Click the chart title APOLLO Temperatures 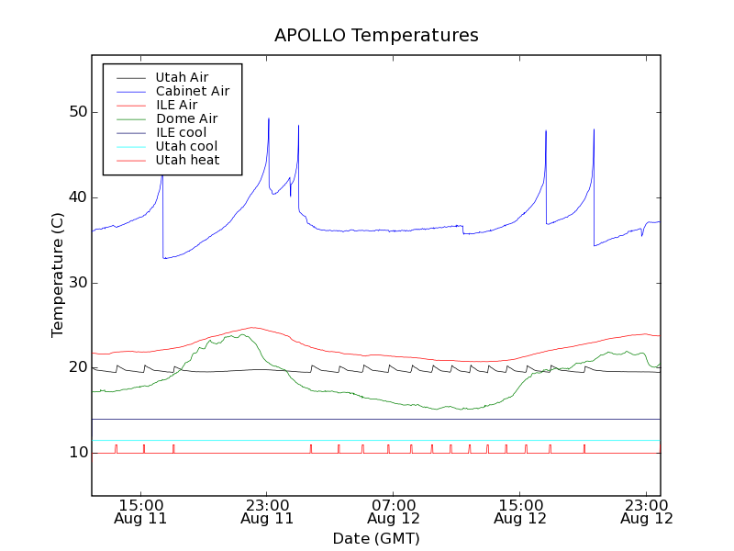(x=376, y=36)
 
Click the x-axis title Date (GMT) (x=376, y=538)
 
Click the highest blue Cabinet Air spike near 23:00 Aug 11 (x=269, y=118)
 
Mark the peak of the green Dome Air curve (x=242, y=334)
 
